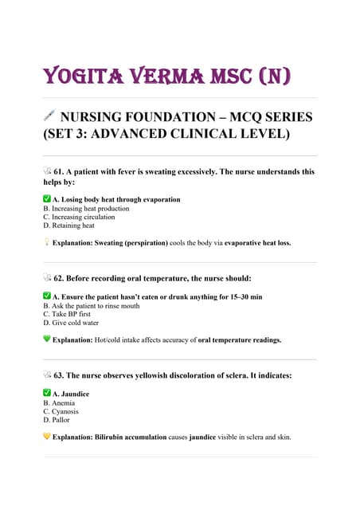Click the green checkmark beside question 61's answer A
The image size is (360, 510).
coord(46,198)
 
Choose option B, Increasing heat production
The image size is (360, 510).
coord(86,208)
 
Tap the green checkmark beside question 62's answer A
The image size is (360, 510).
coord(46,296)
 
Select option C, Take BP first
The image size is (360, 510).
coord(67,314)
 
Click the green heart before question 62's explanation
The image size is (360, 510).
coord(47,339)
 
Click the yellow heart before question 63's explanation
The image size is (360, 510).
coord(47,436)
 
